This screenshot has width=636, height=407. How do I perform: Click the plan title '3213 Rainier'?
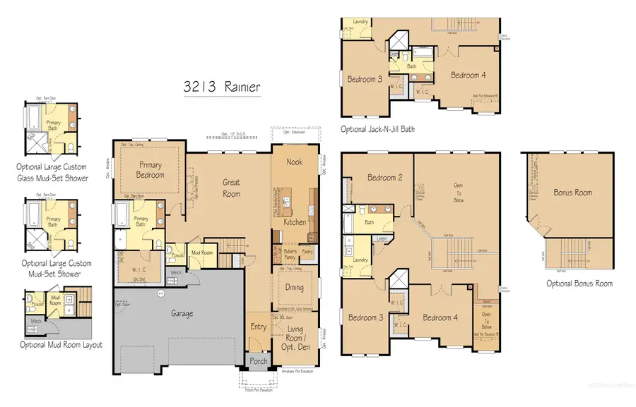click(x=220, y=87)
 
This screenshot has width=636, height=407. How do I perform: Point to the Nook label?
click(x=295, y=162)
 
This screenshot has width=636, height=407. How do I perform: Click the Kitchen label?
click(x=295, y=221)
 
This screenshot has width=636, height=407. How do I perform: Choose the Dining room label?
click(x=295, y=287)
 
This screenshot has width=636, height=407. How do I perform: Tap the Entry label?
click(x=257, y=326)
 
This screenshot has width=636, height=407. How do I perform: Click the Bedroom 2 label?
click(x=385, y=178)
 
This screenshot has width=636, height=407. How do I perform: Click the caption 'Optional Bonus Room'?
click(x=579, y=284)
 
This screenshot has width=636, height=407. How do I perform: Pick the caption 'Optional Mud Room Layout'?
click(x=61, y=345)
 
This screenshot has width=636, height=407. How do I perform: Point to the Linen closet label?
click(x=381, y=239)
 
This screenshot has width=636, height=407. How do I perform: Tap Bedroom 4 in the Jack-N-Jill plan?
click(x=468, y=75)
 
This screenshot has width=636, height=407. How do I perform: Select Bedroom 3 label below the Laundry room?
click(x=366, y=317)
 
